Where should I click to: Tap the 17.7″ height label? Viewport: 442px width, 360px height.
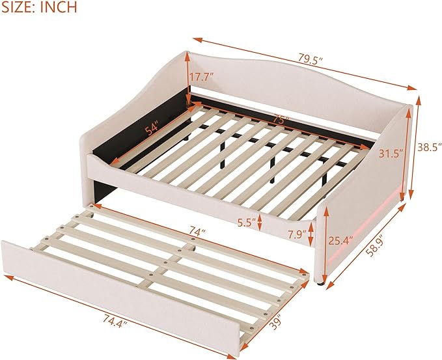point(201,77)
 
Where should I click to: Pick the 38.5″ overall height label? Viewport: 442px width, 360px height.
point(430,147)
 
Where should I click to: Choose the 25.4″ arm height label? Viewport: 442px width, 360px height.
point(341,240)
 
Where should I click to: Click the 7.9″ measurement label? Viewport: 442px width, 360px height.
point(297,234)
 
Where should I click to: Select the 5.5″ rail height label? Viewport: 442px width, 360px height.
point(246,223)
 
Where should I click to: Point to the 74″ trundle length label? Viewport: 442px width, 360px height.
point(197,232)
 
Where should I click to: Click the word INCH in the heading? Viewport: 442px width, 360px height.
point(59,7)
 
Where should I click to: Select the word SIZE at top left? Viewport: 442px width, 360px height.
point(18,7)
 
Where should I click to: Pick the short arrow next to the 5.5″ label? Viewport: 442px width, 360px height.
point(259,222)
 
